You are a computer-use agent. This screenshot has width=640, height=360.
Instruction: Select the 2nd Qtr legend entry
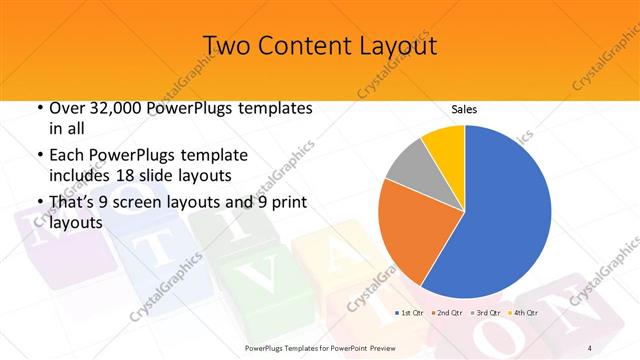[447, 313]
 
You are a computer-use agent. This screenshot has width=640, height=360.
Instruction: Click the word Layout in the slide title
[395, 46]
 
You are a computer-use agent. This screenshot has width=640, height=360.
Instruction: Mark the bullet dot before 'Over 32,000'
[39, 108]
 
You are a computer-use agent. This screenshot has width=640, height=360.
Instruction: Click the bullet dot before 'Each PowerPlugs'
[39, 156]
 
